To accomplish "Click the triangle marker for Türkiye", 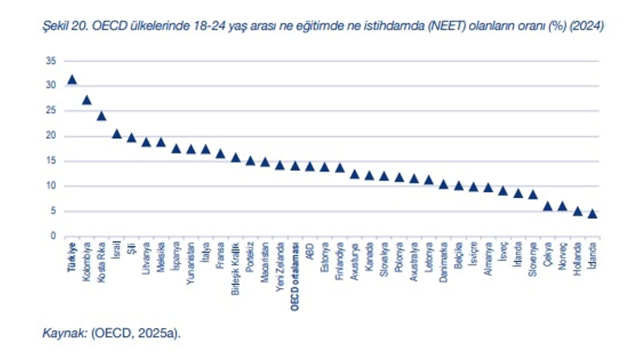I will (x=72, y=79).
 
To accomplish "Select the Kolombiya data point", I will (x=87, y=100).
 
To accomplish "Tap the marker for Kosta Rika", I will (x=101, y=116).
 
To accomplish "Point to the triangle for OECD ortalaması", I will (x=295, y=166).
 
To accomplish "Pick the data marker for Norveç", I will (x=562, y=206).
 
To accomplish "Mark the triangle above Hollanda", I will (x=577, y=211).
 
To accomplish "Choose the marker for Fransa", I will (x=220, y=154).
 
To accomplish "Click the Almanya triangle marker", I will (x=488, y=188).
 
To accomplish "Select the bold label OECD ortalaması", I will (x=295, y=277).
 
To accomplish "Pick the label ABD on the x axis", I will (x=310, y=249).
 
